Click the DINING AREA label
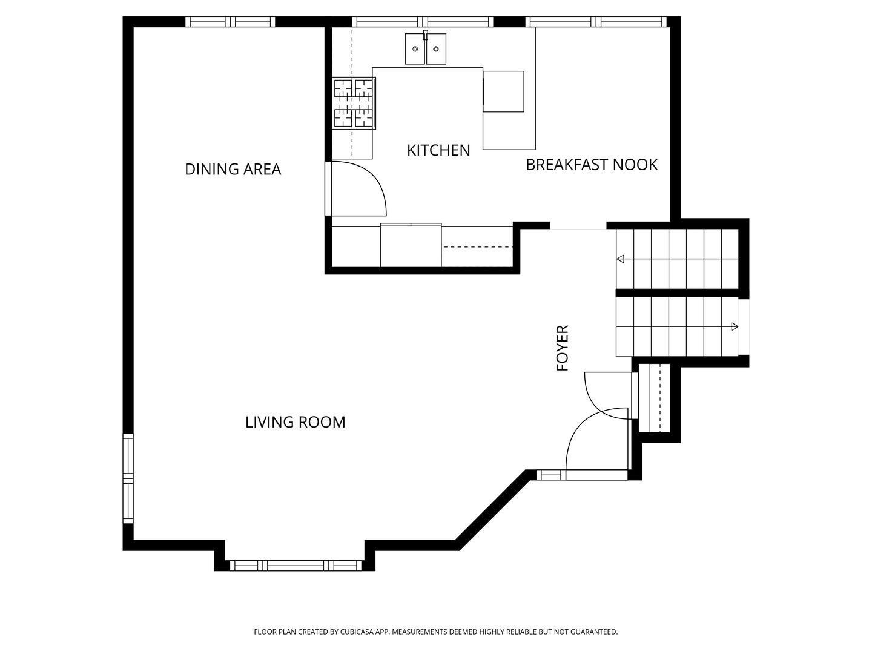point(233,169)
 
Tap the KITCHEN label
point(438,151)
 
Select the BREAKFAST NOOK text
point(592,165)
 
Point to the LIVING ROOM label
point(295,422)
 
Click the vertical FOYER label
point(563,348)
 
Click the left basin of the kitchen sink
point(415,49)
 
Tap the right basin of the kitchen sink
point(436,49)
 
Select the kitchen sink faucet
point(426,35)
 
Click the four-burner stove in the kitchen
point(354,103)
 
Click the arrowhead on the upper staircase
point(619,259)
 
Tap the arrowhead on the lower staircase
point(735,327)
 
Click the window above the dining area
point(231,22)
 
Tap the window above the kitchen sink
point(423,22)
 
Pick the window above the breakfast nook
point(596,22)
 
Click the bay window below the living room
point(296,566)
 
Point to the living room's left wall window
point(128,478)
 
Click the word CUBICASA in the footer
point(357,632)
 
